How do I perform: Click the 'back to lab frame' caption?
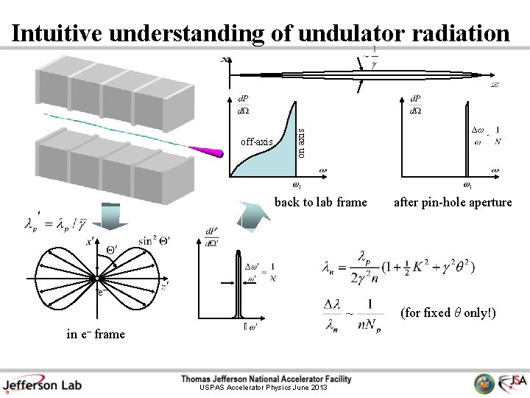(x=320, y=202)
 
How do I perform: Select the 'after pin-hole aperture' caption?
(x=453, y=202)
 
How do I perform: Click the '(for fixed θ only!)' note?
(x=448, y=313)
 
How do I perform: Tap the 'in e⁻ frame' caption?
(x=96, y=334)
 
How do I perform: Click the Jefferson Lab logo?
(x=42, y=384)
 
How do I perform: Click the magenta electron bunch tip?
(x=214, y=153)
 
